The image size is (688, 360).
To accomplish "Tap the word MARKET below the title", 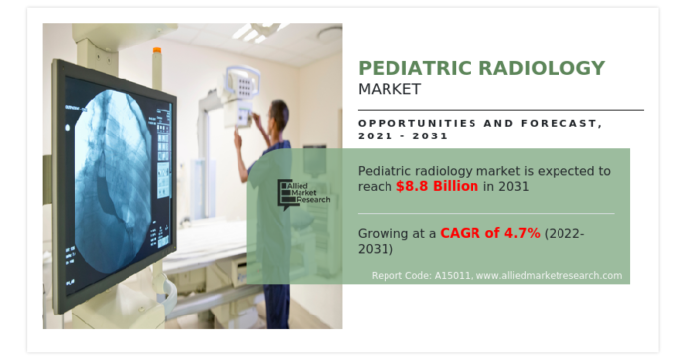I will coord(389,89).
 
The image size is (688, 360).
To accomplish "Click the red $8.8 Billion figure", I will coord(438,186).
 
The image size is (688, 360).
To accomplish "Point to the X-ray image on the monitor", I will coord(115,178).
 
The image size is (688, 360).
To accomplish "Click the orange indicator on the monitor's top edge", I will coord(154,49).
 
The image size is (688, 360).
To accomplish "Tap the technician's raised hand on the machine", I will coord(237,135).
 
